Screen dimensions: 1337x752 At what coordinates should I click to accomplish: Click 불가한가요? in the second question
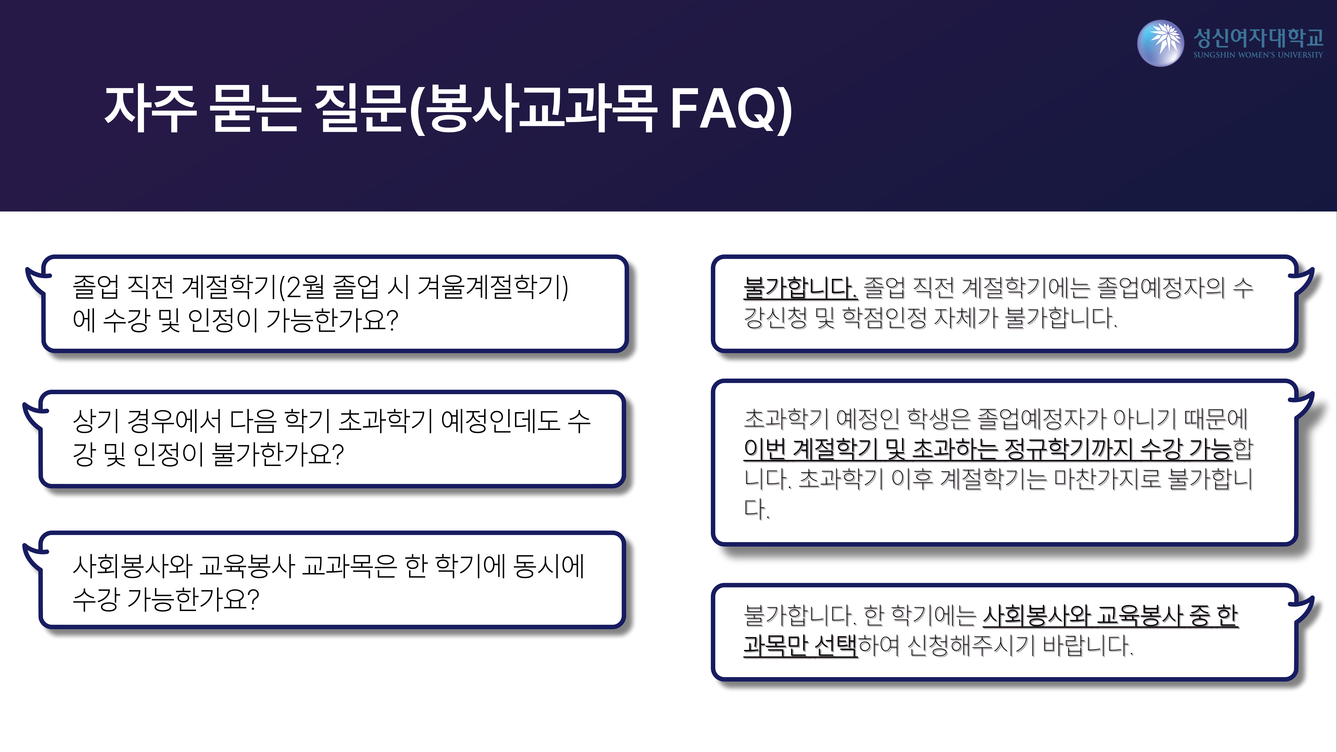tap(278, 454)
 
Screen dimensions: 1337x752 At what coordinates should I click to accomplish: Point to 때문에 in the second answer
tap(1216, 419)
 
